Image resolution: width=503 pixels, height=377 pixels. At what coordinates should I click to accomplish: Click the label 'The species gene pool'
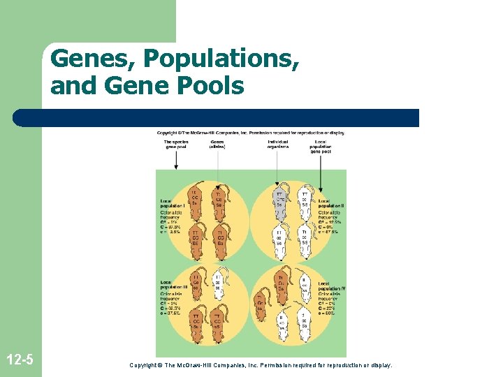tap(176, 145)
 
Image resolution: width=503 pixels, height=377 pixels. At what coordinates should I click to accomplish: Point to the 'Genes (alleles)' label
tap(217, 145)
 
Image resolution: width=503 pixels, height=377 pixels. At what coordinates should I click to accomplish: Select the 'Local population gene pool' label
tap(319, 147)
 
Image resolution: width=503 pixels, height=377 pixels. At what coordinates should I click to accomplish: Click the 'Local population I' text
tap(172, 204)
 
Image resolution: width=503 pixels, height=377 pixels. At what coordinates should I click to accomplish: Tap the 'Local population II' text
tap(330, 204)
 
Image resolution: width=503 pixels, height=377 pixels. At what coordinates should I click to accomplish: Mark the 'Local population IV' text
tap(331, 286)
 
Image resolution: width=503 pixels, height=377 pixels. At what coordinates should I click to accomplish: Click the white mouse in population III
tap(218, 283)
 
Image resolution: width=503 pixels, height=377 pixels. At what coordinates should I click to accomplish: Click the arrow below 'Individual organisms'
tap(277, 168)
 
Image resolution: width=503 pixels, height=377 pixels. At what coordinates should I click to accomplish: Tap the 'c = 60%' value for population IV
tap(327, 313)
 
